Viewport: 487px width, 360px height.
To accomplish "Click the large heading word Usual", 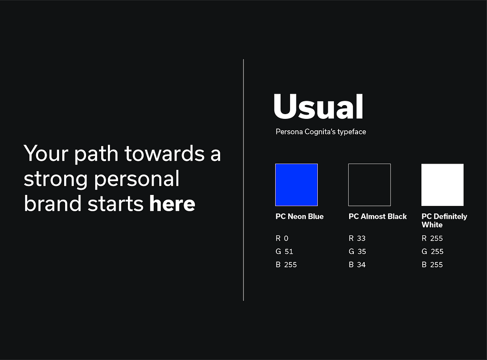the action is click(318, 106).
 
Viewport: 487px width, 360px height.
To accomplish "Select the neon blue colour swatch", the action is click(296, 185).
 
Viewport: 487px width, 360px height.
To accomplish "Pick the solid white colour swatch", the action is click(442, 185).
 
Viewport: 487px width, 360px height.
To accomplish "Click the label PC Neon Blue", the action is click(300, 216).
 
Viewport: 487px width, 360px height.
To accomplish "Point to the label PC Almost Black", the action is click(377, 216).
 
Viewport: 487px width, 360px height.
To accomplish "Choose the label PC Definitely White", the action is click(444, 221).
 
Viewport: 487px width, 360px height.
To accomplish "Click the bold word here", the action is click(172, 204).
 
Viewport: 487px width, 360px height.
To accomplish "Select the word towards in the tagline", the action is click(164, 153).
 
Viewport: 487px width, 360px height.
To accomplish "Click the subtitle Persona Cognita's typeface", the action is click(321, 132).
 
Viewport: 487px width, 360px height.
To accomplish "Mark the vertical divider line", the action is click(243, 180).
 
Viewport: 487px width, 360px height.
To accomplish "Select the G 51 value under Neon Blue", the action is click(284, 251).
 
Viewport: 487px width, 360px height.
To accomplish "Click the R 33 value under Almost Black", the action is click(357, 238).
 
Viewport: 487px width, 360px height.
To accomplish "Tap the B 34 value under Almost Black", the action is click(357, 264).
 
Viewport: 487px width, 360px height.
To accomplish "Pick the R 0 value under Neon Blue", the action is click(282, 238).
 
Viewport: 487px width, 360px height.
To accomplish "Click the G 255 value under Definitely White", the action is click(432, 251).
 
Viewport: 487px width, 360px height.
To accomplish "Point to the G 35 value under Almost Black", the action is click(357, 251).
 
